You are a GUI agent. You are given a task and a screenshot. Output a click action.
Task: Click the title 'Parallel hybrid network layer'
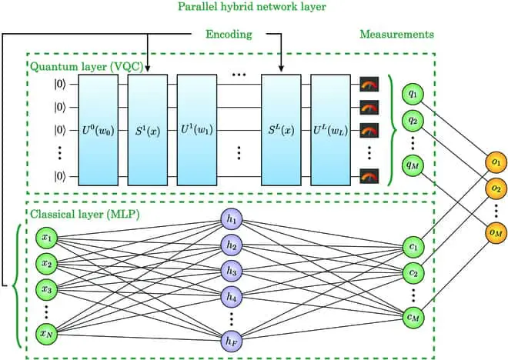[x=255, y=8]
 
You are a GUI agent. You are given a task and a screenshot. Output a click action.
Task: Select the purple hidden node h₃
[x=231, y=271]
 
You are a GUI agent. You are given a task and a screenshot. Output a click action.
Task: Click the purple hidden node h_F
[x=231, y=338]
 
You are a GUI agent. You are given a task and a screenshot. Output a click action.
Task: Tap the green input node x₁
[x=47, y=238]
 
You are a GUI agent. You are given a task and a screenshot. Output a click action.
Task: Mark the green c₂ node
[x=414, y=272]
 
